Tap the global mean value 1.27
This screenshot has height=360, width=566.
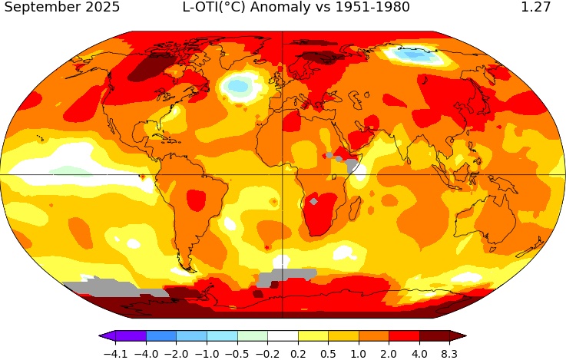(535, 8)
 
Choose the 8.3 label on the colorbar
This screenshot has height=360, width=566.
(449, 354)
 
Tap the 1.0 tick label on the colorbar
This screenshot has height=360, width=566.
(358, 354)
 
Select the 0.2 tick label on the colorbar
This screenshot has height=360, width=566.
(298, 354)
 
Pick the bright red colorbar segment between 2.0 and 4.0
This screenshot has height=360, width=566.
(404, 336)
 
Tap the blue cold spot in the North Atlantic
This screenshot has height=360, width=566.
(240, 87)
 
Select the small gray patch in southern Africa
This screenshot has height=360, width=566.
(313, 201)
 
